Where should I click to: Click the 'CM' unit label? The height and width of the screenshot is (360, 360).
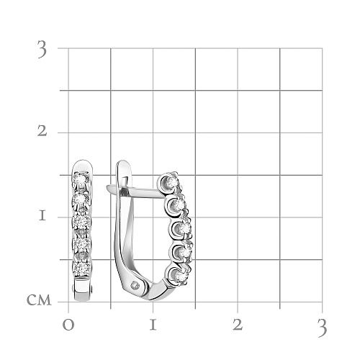click(x=39, y=300)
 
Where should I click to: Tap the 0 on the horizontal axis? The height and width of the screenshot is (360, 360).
click(x=68, y=325)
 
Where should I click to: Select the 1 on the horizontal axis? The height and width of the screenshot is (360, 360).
click(x=153, y=325)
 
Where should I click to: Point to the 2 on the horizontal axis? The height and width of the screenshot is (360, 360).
click(x=238, y=325)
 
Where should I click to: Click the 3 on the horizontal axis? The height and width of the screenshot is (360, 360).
click(x=322, y=328)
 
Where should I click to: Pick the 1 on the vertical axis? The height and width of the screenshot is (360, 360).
click(x=42, y=216)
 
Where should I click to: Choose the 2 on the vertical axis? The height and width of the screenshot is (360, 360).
click(x=42, y=131)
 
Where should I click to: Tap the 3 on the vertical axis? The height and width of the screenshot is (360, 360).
click(x=42, y=49)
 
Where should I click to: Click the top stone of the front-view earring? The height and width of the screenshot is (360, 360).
click(x=81, y=178)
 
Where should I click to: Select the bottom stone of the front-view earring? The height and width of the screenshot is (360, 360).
click(x=82, y=269)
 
